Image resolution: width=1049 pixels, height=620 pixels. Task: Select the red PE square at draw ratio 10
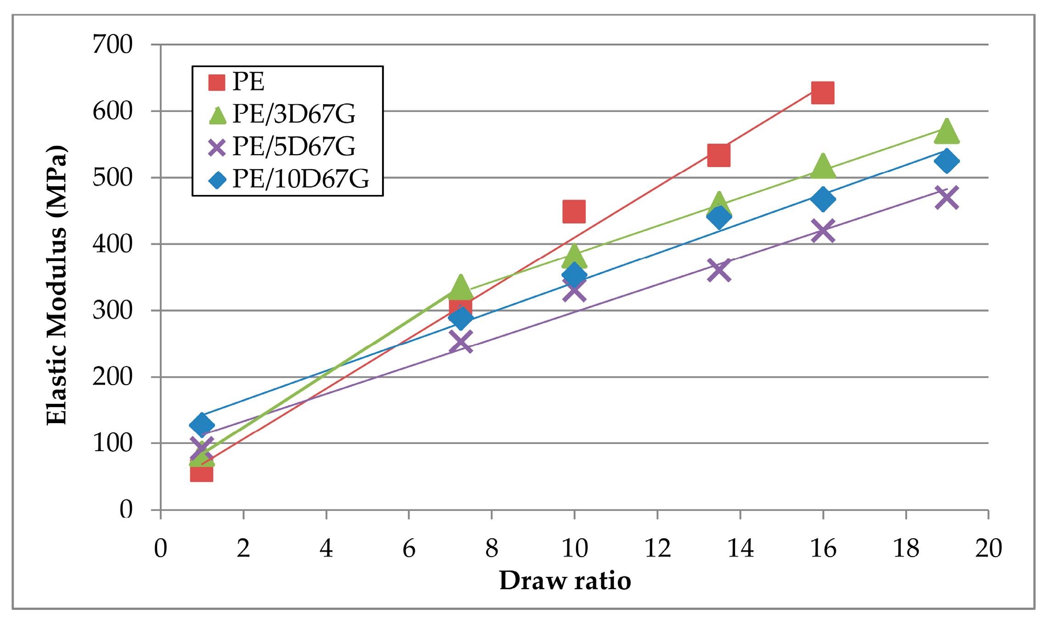pos(574,212)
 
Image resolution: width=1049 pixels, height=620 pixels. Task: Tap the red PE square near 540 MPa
pos(719,155)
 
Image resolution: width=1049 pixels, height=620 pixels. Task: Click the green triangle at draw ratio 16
pos(823,167)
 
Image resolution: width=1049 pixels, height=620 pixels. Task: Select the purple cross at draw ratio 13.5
pos(719,270)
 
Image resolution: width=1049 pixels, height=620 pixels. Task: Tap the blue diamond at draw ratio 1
pos(202,424)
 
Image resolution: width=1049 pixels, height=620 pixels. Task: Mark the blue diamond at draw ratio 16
pos(823,199)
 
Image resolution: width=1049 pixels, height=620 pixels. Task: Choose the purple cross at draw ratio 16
pos(823,230)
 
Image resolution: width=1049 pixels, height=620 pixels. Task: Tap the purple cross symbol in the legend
pos(217,147)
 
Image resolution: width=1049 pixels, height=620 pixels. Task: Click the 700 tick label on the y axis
pos(112,45)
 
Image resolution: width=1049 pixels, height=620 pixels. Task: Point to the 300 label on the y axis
pos(112,311)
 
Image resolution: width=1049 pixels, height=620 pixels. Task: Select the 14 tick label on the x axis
pos(740,548)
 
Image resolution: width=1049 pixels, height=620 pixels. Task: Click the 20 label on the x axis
pos(988,548)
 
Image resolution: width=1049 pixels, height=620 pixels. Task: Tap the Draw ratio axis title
pos(565,581)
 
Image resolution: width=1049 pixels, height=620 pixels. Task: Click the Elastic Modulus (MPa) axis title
pos(57,285)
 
